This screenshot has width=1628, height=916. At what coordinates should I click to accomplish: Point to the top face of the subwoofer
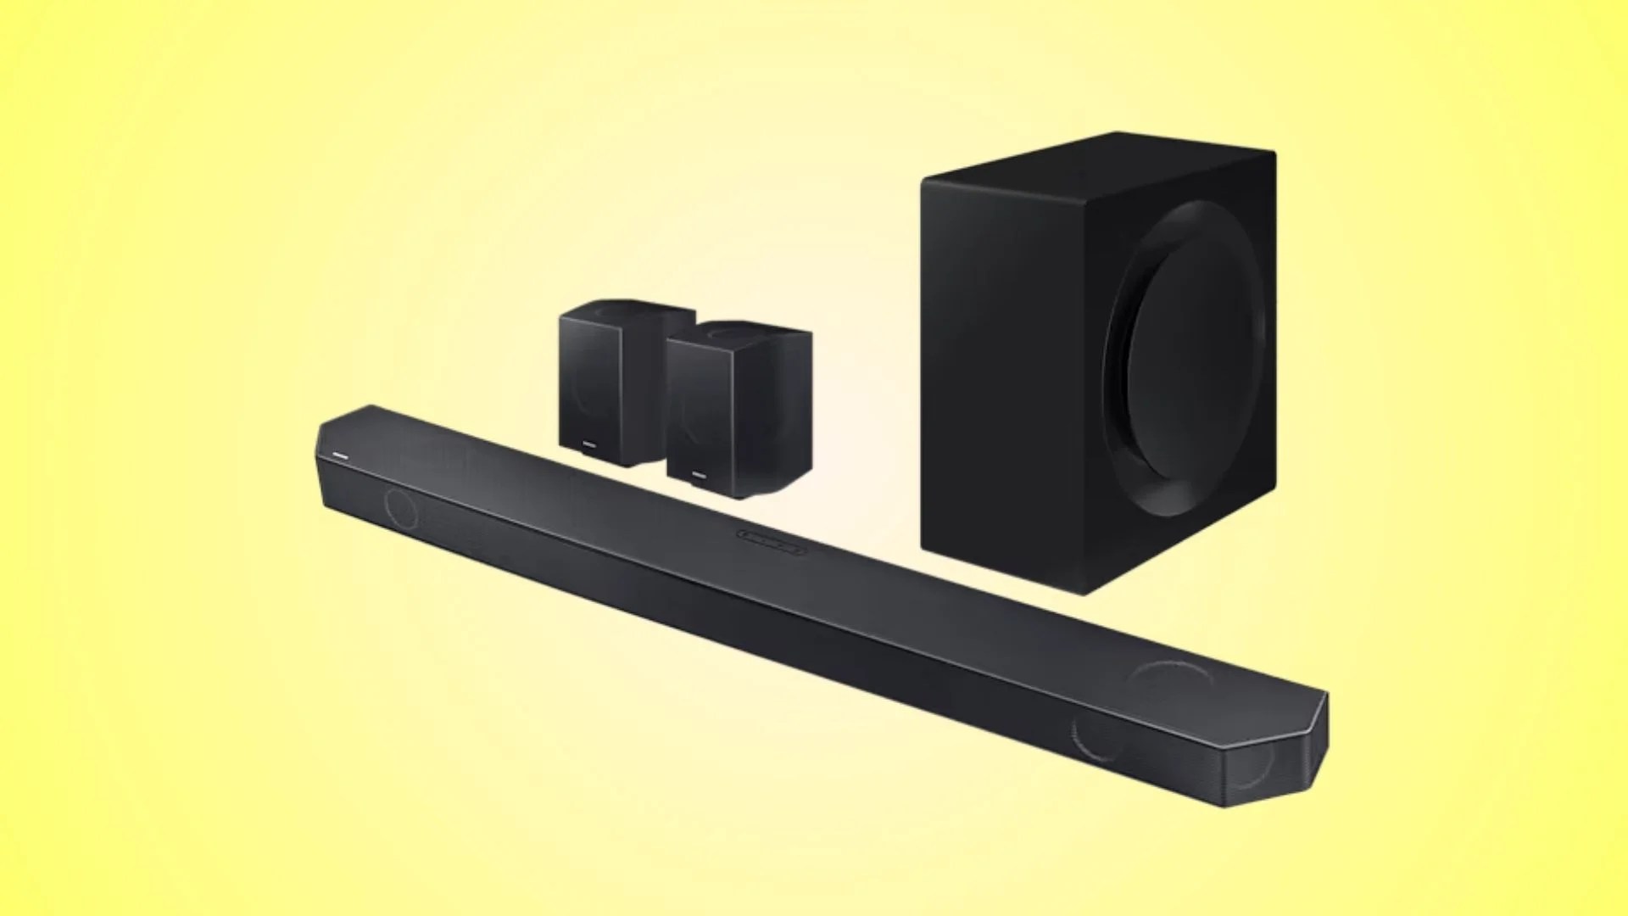click(1102, 157)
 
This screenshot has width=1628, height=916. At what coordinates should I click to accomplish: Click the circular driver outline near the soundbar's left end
click(401, 507)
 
